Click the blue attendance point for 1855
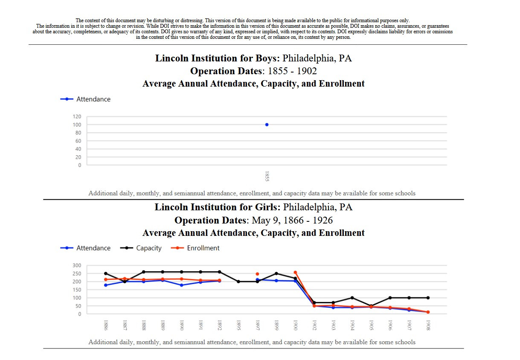pos(267,125)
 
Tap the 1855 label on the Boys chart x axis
pos(267,177)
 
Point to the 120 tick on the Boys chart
pos(77,116)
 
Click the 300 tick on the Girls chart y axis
pos(77,265)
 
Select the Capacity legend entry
pos(141,248)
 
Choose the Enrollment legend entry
pos(195,248)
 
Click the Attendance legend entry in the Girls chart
pos(85,248)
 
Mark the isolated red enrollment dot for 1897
pos(257,274)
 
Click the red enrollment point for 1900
pos(295,272)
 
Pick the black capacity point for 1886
pos(106,273)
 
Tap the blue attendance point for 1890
pos(182,285)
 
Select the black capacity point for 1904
pos(352,298)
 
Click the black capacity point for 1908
pos(428,298)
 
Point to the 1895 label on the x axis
pos(238,325)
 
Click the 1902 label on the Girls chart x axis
pos(314,325)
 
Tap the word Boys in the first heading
pos(267,58)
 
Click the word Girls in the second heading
pos(267,207)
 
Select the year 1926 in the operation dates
pos(322,220)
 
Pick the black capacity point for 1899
pos(276,273)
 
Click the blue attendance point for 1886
pos(106,285)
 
